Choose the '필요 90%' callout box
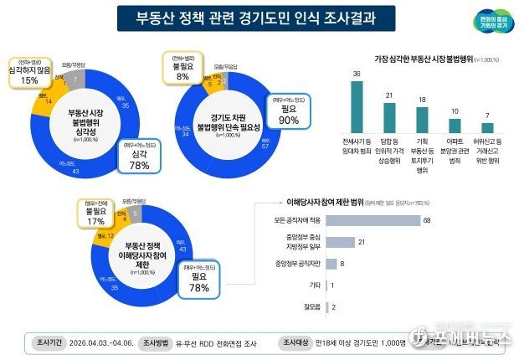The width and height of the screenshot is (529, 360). coord(288,114)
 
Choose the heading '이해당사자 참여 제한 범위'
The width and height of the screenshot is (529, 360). coord(317,202)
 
